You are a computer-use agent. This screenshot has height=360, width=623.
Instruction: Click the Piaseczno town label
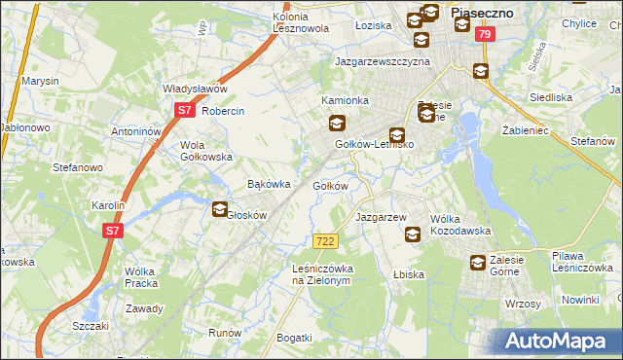(483, 13)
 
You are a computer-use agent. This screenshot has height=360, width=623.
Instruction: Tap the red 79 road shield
(486, 35)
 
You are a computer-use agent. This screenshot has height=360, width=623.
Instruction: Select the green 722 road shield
(326, 239)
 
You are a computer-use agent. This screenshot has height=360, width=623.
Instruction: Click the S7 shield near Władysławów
(185, 111)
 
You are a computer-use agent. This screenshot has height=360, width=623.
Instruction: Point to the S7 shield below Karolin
(113, 231)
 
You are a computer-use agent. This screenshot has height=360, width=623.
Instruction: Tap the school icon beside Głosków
(220, 208)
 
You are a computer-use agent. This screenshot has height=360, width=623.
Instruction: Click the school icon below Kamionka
(337, 123)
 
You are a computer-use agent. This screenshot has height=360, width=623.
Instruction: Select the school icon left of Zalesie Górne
(478, 263)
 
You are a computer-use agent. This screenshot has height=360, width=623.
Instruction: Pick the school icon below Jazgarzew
(413, 234)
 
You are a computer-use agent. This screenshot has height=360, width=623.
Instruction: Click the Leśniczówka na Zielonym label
(321, 273)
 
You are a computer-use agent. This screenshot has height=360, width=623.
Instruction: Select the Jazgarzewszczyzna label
(383, 60)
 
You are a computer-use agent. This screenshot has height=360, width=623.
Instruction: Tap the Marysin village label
(41, 81)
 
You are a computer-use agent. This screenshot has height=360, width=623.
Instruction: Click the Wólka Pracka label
(142, 277)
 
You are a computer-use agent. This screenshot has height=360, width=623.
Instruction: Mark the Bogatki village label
(295, 338)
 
